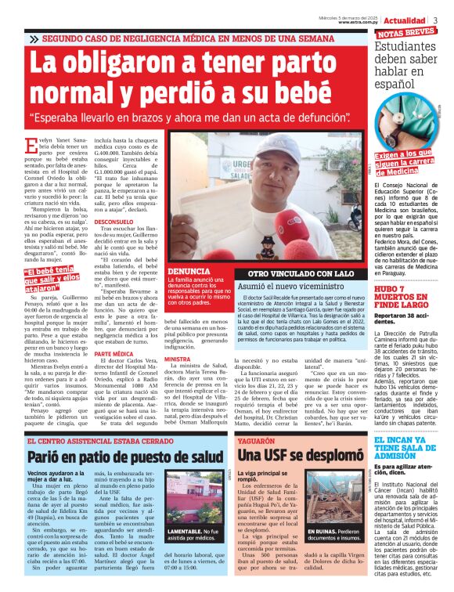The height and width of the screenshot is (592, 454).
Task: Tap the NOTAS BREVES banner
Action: pos(405,34)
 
